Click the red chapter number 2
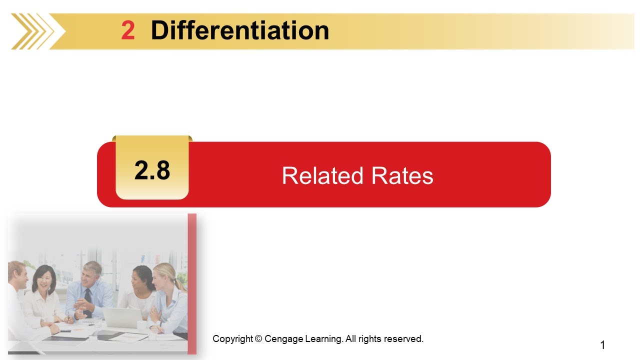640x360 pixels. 128,31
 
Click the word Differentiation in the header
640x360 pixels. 239,31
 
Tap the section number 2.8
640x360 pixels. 152,170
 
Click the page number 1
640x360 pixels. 602,345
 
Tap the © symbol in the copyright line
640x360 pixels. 258,339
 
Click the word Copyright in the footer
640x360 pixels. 233,339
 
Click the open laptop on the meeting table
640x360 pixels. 121,317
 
